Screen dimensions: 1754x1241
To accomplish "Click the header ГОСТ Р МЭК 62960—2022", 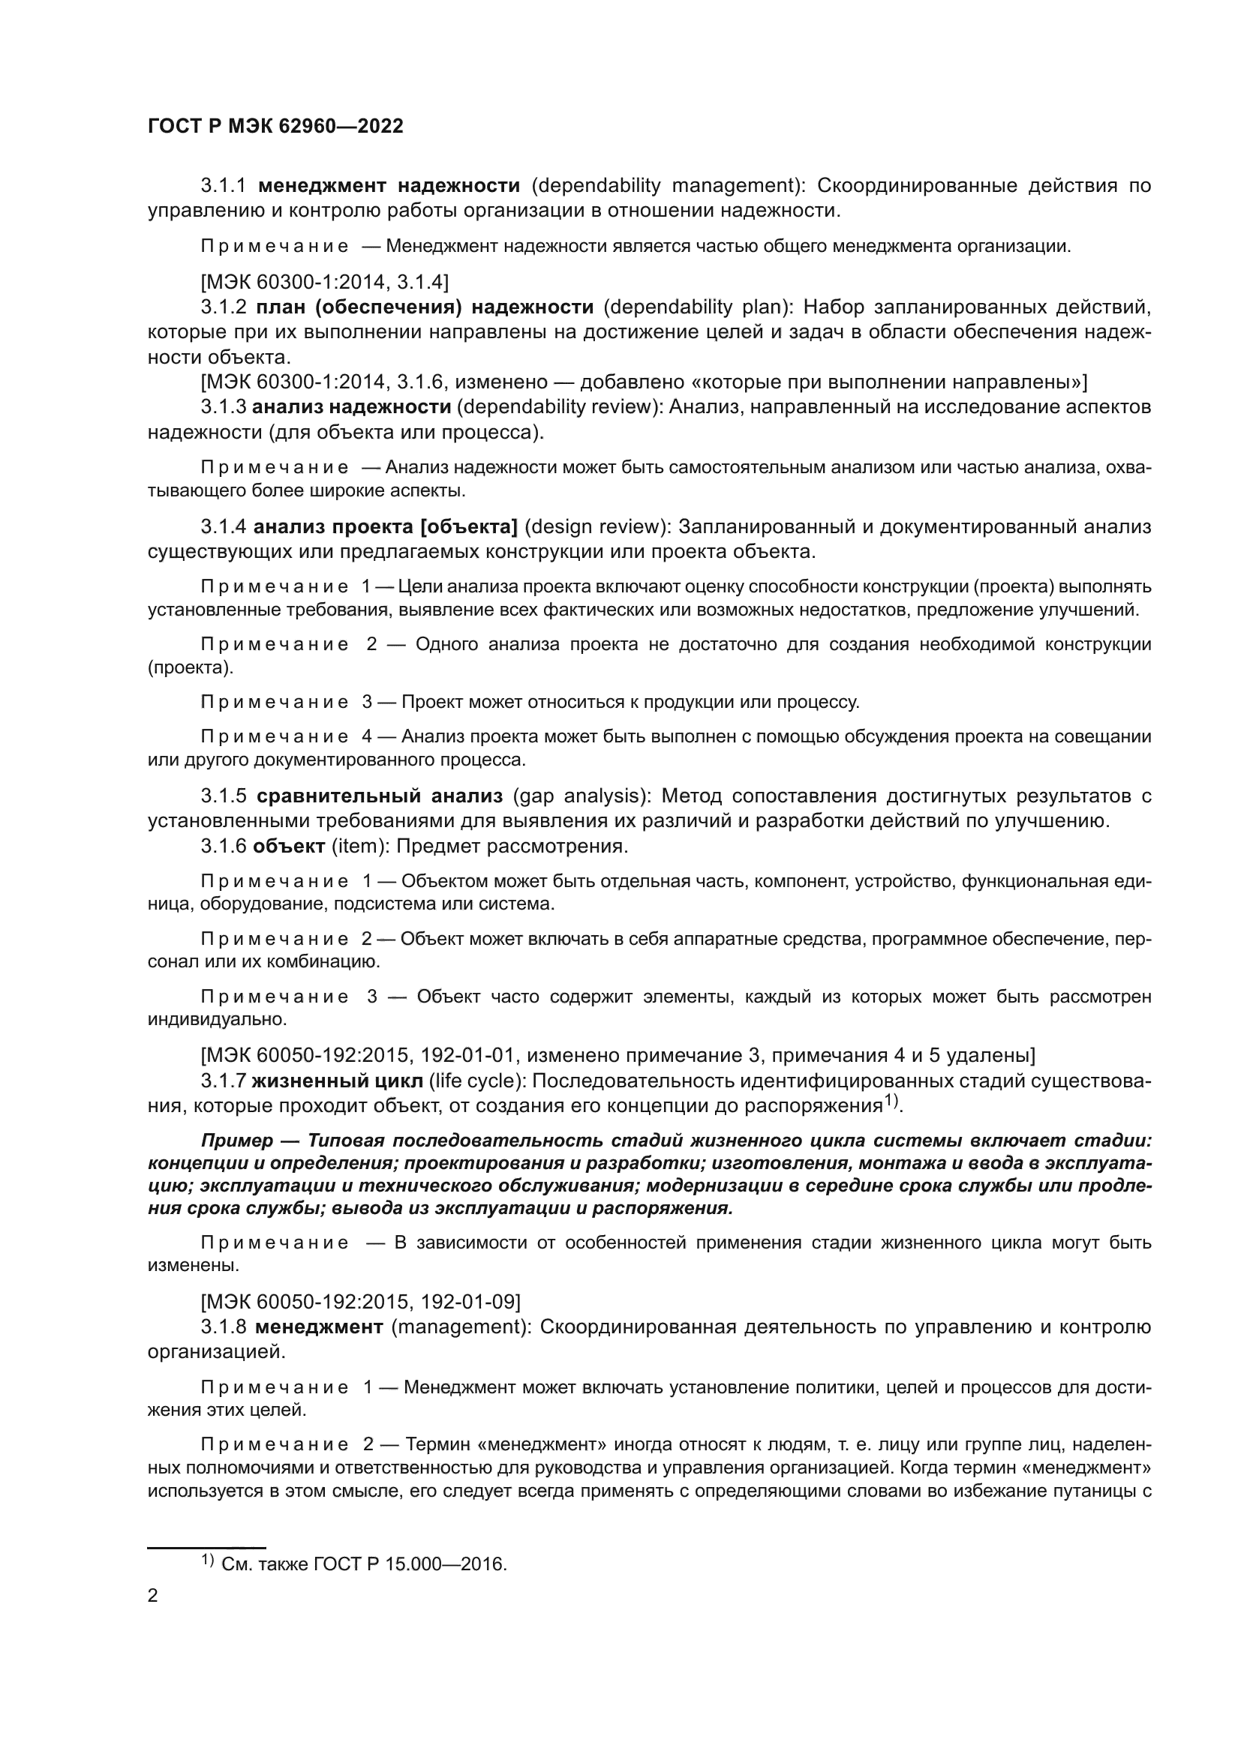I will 275,127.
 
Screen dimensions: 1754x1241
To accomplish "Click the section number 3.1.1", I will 223,186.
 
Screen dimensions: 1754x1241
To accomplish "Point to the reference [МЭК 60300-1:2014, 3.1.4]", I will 324,283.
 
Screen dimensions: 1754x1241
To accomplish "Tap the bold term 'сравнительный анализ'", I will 379,796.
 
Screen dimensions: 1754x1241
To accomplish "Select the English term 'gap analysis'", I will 577,796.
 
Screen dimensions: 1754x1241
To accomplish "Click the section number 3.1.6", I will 223,847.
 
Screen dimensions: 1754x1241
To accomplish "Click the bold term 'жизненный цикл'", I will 336,1081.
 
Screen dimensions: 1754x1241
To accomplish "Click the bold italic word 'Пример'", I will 236,1141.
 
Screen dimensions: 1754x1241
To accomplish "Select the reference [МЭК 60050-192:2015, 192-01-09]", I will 360,1301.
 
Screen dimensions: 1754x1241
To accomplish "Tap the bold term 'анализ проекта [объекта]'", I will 385,526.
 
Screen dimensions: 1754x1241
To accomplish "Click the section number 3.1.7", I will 223,1081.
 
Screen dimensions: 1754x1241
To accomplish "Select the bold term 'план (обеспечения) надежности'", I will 424,307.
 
